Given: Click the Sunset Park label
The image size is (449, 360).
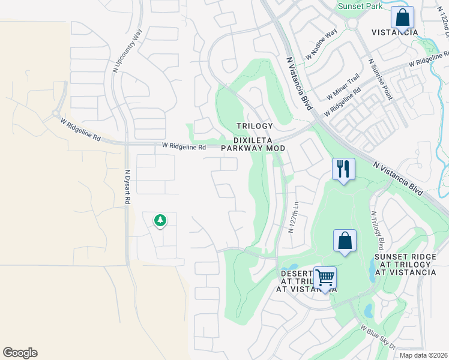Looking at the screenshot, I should tap(360, 5).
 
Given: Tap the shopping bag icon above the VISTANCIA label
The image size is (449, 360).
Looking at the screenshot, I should tap(402, 17).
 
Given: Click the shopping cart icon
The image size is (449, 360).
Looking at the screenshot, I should tap(325, 278).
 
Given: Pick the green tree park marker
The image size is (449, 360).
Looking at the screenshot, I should tap(160, 221).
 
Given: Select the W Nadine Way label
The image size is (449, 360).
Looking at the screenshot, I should tap(322, 45).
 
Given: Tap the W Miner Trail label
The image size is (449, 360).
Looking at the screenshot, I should tap(343, 87).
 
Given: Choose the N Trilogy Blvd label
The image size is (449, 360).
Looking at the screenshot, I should tap(377, 230).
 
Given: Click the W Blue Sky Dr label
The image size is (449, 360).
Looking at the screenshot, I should tap(378, 338).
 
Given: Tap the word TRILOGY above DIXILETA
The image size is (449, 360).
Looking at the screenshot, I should tap(254, 126).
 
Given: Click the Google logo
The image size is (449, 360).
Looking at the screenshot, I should tap(20, 353).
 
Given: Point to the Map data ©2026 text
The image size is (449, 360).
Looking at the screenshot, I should tap(423, 355).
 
